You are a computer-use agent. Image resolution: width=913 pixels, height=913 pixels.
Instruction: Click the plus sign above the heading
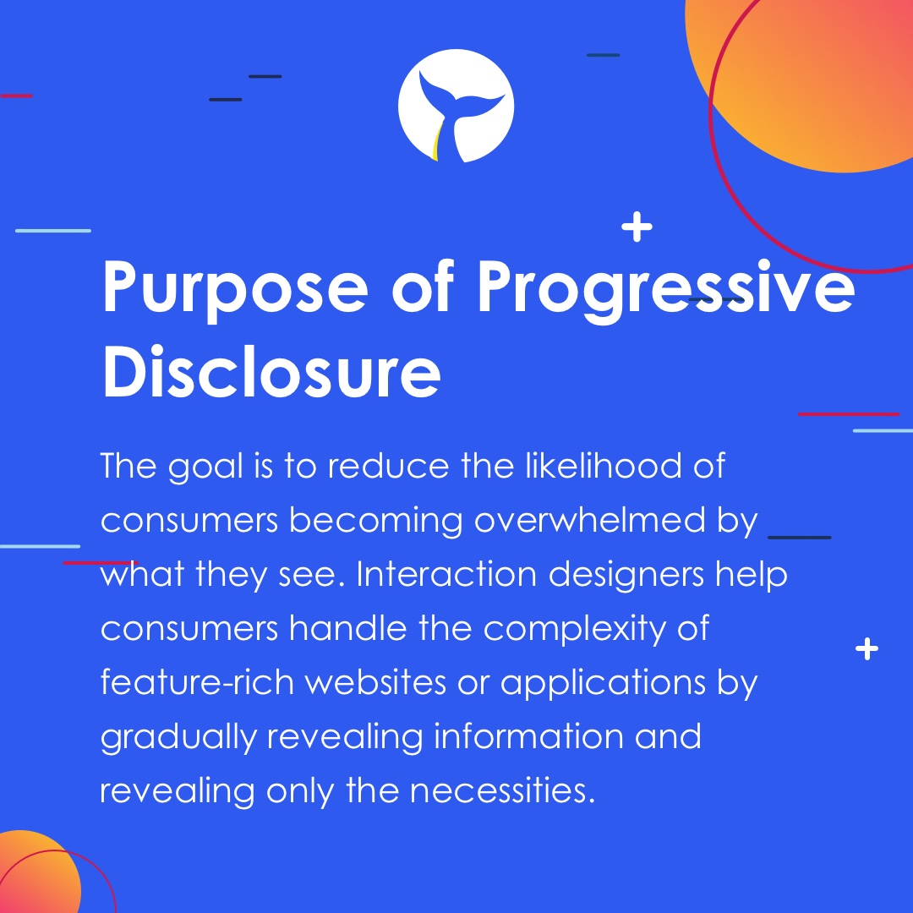click(x=637, y=228)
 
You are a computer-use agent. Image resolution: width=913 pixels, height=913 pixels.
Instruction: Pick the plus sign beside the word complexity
click(x=867, y=649)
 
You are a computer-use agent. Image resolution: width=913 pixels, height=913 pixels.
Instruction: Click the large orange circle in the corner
click(x=812, y=76)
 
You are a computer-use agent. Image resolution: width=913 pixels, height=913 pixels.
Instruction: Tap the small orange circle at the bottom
click(x=34, y=875)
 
